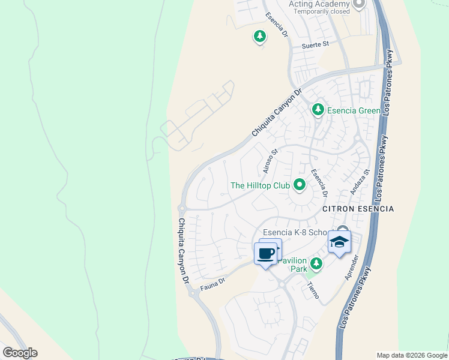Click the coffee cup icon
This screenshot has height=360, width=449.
pos(266,253)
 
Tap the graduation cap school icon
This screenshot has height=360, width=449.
pos(339,242)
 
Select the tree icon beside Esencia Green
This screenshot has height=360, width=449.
pos(318,110)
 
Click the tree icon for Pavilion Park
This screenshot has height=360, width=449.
pos(316,263)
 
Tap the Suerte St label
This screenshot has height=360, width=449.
pos(316,44)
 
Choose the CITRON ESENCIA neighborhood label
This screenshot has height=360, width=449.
pos(358,209)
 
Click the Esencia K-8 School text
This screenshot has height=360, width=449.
pos(295,233)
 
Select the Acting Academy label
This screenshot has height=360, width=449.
pos(318,4)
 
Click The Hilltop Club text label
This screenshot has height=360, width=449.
pos(261,185)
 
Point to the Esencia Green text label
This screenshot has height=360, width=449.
pos(354,110)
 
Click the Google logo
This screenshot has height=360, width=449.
pos(20,353)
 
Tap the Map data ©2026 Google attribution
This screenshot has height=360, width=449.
pos(412,355)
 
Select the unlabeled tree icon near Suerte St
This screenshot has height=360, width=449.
pos(259,37)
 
